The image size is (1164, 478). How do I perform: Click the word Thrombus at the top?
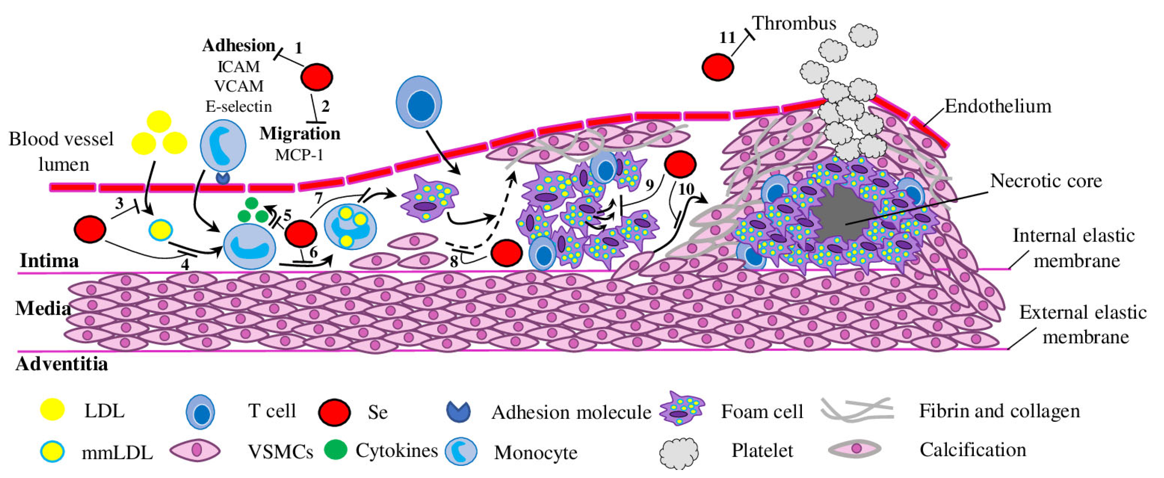click(x=794, y=23)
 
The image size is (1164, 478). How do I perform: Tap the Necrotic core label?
click(x=1046, y=181)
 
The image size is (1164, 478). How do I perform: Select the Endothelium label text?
click(x=998, y=107)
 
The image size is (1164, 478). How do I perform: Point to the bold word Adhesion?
click(x=239, y=46)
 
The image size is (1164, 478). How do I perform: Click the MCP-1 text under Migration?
click(x=299, y=155)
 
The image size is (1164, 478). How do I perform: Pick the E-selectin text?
click(x=239, y=106)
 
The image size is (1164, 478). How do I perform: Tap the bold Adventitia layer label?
click(x=62, y=364)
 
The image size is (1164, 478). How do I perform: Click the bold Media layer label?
click(x=43, y=309)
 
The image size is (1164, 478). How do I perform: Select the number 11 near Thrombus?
click(x=727, y=38)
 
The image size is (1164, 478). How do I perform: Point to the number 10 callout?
click(x=686, y=189)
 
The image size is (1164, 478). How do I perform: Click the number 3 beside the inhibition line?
click(x=119, y=204)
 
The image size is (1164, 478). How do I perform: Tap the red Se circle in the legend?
click(x=334, y=412)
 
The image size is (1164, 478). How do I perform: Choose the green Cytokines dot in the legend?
click(x=335, y=450)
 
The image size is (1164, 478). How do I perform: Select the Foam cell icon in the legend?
click(x=682, y=409)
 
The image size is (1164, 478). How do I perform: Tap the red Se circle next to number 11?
click(x=718, y=67)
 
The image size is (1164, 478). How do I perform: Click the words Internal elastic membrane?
click(x=1073, y=248)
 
